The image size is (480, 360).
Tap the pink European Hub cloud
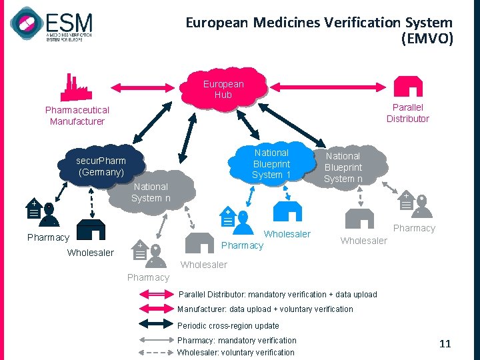point(224,89)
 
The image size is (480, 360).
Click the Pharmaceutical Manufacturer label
point(77,115)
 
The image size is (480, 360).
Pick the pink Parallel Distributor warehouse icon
point(407,86)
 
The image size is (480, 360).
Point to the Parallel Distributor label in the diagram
point(407,113)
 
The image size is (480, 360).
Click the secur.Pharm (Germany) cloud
point(101,166)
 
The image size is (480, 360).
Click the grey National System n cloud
point(151,192)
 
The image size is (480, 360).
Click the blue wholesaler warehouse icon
point(289,211)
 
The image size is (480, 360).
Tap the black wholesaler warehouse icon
point(90,229)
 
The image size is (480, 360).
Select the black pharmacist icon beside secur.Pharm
point(42,211)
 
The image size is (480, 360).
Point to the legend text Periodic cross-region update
point(228,326)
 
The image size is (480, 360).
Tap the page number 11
point(445,344)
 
